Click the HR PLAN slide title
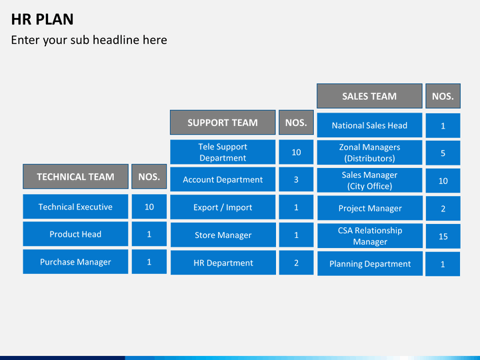tap(42, 19)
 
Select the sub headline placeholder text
tap(89, 40)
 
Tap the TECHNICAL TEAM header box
tap(75, 177)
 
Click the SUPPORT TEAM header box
tap(223, 123)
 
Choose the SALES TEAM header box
tap(369, 96)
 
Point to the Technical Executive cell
tap(75, 207)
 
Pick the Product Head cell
tap(75, 234)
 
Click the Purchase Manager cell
tap(75, 262)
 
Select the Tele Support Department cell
tap(223, 152)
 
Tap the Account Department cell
tap(223, 179)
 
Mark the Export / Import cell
tap(223, 207)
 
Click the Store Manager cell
tap(223, 235)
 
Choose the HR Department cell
tap(223, 263)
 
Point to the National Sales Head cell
tap(369, 125)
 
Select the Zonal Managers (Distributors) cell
tap(369, 153)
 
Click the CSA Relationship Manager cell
tap(369, 236)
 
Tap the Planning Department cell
tap(369, 264)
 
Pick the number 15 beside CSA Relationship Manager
tap(443, 236)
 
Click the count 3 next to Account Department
tap(296, 179)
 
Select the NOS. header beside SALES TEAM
tap(443, 96)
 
